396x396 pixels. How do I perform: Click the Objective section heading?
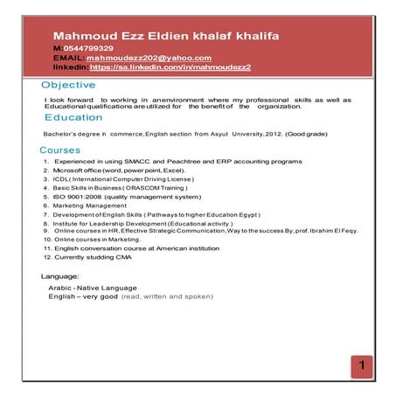[x=68, y=85]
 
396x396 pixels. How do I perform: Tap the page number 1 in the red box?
[x=360, y=365]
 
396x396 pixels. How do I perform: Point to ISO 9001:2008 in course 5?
[x=80, y=197]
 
